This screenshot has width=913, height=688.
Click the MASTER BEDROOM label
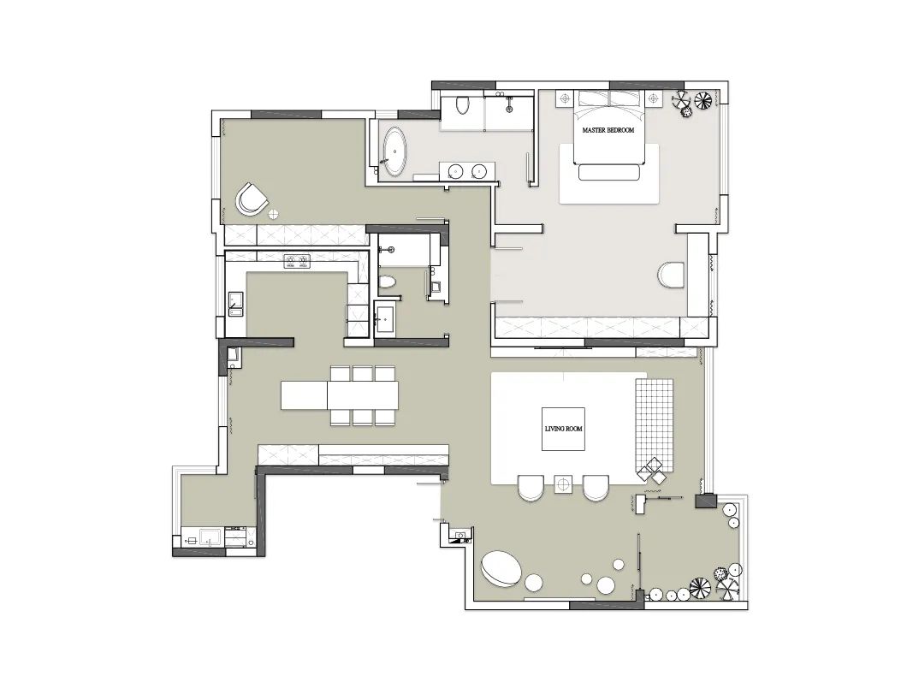(x=608, y=130)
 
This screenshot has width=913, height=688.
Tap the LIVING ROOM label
(x=563, y=429)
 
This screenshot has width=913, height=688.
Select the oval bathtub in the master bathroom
(x=395, y=151)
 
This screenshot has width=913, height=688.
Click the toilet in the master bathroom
(x=463, y=104)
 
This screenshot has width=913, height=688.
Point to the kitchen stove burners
(x=297, y=261)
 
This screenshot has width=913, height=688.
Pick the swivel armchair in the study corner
(x=252, y=199)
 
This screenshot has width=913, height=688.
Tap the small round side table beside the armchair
(x=273, y=214)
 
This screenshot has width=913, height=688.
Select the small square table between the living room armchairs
(x=563, y=483)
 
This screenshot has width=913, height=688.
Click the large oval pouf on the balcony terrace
(x=501, y=568)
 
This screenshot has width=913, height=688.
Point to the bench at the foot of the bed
(x=609, y=172)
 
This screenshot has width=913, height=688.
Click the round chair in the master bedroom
(x=672, y=275)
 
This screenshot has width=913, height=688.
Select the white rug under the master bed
(x=609, y=174)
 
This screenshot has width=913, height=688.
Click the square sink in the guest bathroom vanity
(x=384, y=319)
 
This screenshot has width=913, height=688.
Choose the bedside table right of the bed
(x=654, y=98)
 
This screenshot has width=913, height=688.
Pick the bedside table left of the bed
(x=565, y=98)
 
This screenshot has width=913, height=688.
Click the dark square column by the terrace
(x=706, y=501)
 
